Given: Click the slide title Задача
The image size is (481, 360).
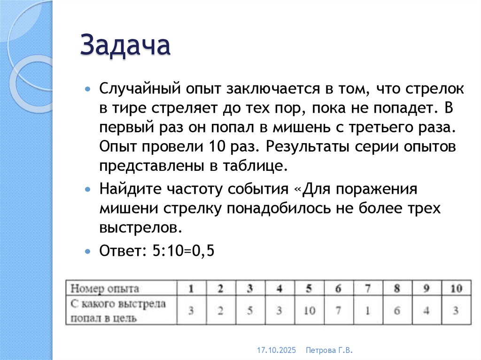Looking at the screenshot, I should tap(125, 46).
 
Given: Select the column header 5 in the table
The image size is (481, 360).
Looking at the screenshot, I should tap(309, 288).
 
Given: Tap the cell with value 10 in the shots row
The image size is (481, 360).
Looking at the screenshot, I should tap(309, 310).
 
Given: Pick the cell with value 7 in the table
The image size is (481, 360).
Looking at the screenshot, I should tap(338, 310).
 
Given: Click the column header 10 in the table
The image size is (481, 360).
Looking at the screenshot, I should tap(456, 288).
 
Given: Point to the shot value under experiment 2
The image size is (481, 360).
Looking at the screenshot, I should tap(220, 310).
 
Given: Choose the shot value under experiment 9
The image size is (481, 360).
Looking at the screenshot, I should tap(427, 310).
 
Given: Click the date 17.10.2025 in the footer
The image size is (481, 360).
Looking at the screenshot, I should tap(275, 351).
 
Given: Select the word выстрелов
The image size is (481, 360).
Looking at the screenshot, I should tap(140, 228).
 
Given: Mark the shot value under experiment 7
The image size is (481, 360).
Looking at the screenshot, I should tap(368, 310).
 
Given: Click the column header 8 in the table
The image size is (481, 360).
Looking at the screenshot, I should tap(397, 288).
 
